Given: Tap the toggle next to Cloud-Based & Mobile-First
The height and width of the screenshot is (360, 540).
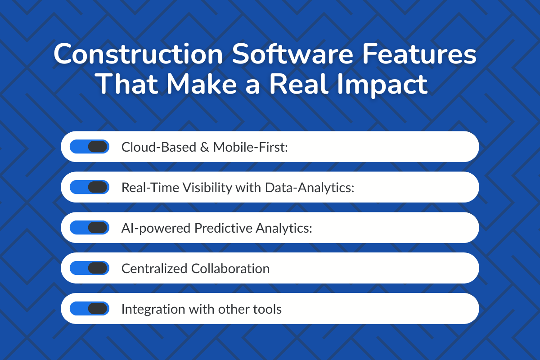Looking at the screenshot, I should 90,147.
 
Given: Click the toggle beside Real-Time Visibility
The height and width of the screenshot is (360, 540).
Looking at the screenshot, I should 90,187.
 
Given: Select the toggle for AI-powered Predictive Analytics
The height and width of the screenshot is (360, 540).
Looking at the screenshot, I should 90,228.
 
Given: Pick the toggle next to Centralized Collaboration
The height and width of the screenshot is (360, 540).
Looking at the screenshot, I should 90,268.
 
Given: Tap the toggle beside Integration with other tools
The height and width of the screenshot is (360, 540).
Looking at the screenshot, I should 90,309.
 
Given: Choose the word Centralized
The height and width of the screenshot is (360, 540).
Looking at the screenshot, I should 155,269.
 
